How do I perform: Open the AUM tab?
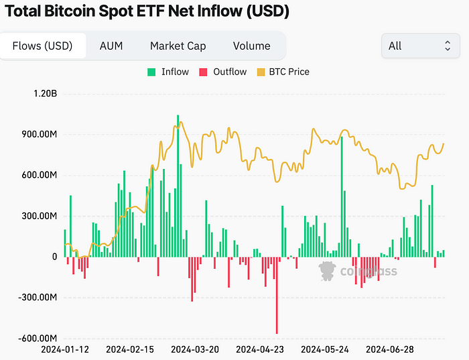click(111, 46)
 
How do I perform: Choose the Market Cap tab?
click(178, 46)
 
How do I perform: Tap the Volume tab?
click(251, 46)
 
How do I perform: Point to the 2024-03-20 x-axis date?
click(195, 350)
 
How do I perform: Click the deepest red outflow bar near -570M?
click(277, 295)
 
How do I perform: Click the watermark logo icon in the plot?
click(327, 271)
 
